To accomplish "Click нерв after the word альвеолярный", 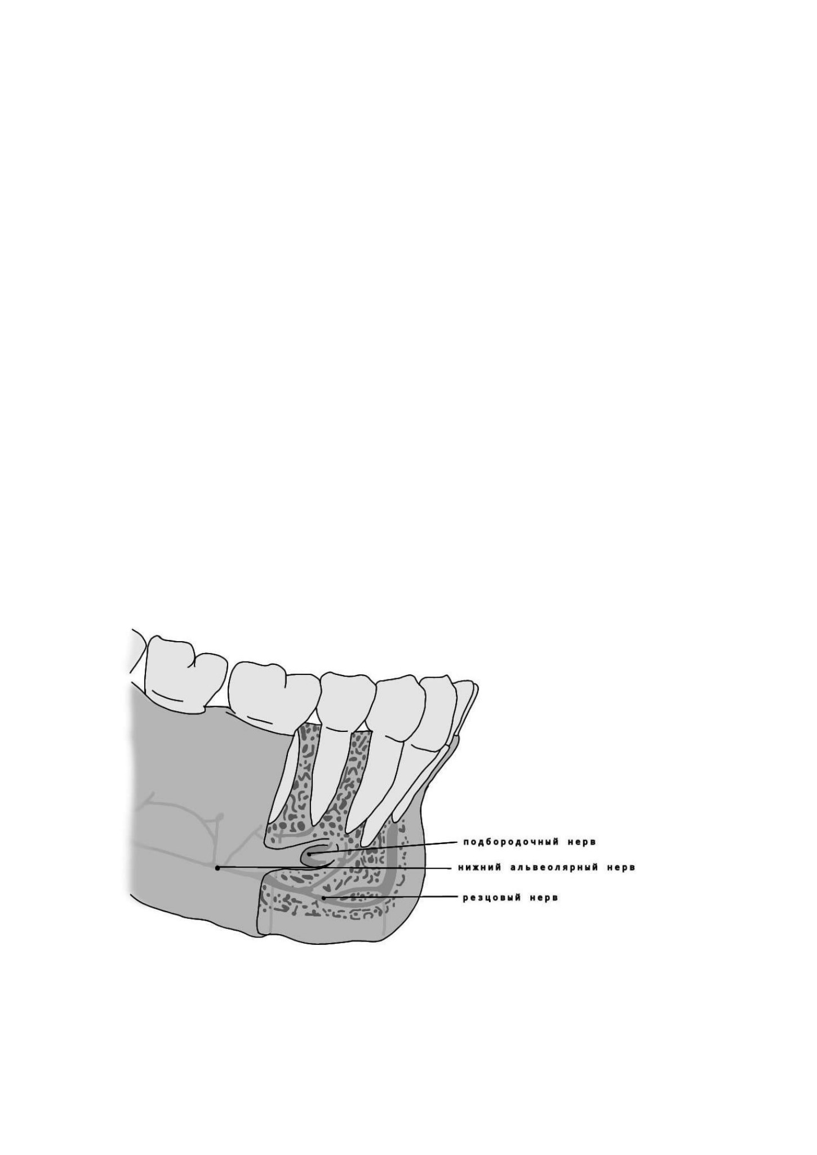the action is coord(621,868).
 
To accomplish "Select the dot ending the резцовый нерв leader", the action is coord(323,897).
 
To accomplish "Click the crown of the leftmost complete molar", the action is coord(186,674).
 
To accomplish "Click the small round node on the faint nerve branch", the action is coord(220,816).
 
